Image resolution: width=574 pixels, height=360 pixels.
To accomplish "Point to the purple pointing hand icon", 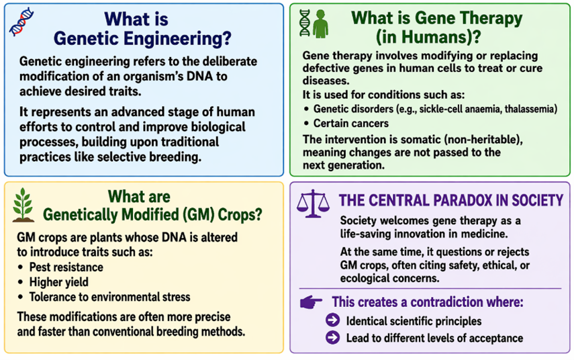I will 311,302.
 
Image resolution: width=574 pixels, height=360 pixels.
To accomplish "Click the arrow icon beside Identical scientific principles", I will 332,320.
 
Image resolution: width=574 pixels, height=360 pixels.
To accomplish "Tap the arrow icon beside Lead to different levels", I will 332,338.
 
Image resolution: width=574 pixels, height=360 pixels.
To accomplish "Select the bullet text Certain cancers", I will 350,124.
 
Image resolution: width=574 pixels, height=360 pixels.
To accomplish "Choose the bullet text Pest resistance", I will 66,267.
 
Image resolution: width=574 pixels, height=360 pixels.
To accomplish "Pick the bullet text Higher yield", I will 58,282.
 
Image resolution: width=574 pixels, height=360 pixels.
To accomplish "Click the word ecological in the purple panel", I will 367,277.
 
